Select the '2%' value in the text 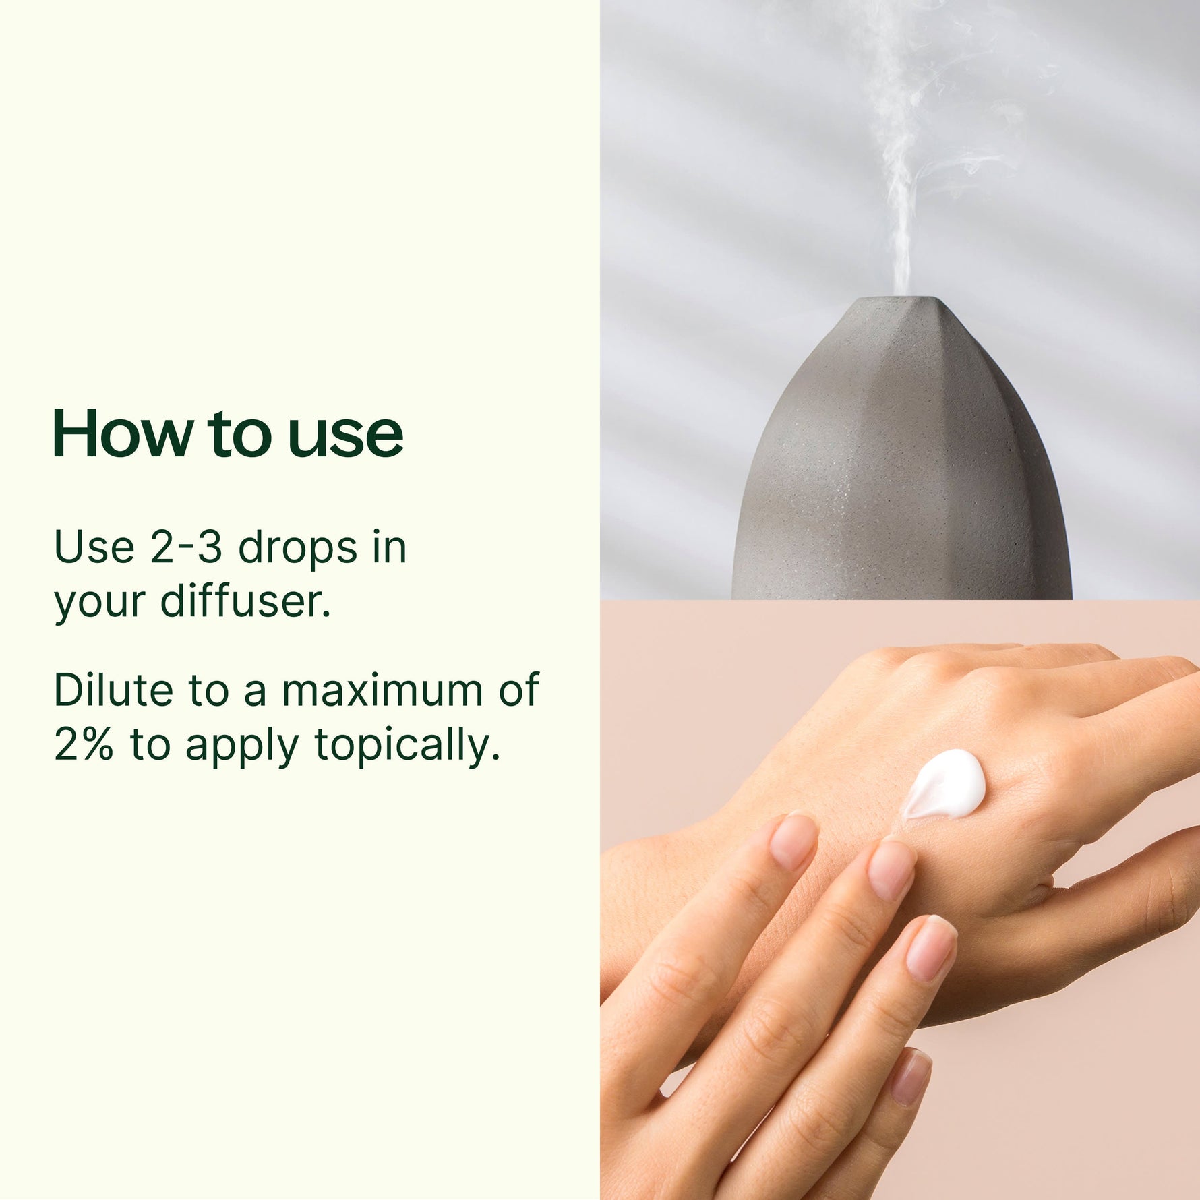(x=84, y=745)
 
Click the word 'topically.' (x=408, y=747)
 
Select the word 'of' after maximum (x=519, y=690)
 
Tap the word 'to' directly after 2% (x=149, y=746)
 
